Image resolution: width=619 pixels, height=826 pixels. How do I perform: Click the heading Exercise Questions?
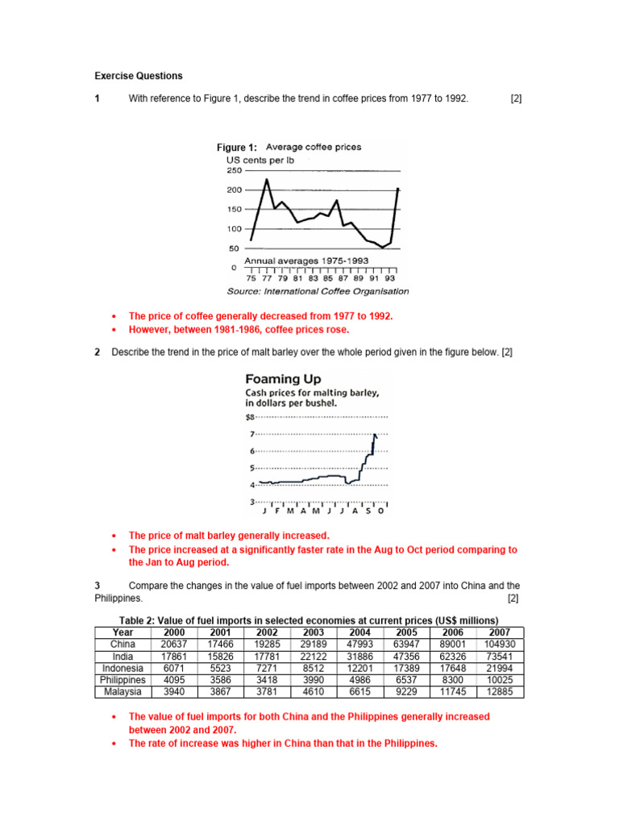139,76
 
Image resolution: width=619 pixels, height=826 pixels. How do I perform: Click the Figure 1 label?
236,148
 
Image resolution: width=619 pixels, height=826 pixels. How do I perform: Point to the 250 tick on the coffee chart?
234,171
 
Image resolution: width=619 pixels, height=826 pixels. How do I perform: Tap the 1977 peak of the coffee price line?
267,180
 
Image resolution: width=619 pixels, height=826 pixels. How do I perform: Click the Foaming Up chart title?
282,378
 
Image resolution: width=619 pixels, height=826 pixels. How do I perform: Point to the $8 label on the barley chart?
249,417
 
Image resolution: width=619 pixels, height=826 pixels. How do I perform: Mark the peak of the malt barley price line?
375,435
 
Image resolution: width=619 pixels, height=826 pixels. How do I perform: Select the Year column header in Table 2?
123,632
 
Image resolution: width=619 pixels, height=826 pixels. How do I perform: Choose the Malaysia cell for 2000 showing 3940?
174,692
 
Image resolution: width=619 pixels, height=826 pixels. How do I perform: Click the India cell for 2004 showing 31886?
360,657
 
